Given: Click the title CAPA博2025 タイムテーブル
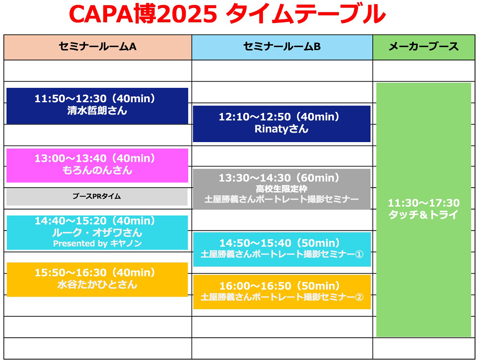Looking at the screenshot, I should click(x=227, y=15).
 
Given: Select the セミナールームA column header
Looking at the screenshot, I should click(x=97, y=47).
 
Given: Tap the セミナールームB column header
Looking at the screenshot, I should click(x=282, y=47).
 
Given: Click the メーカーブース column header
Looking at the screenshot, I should click(x=424, y=47).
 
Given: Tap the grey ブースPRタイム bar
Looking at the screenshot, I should click(x=97, y=197).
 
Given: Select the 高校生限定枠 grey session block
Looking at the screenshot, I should click(x=281, y=189).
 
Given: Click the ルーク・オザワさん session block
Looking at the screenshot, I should click(x=97, y=233).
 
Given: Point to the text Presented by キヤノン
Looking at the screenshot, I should click(x=97, y=244).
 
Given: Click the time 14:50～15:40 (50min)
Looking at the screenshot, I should click(x=280, y=243).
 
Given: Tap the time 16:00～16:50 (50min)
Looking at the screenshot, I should click(x=280, y=286).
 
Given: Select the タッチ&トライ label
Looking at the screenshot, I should click(x=424, y=215).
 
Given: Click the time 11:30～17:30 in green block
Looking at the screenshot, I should click(x=424, y=203).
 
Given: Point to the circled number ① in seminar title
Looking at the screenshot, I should click(x=359, y=254).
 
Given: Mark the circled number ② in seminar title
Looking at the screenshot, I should click(x=359, y=297).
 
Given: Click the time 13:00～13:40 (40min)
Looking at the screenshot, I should click(x=95, y=158).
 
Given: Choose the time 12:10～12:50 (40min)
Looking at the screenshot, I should click(x=279, y=117).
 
